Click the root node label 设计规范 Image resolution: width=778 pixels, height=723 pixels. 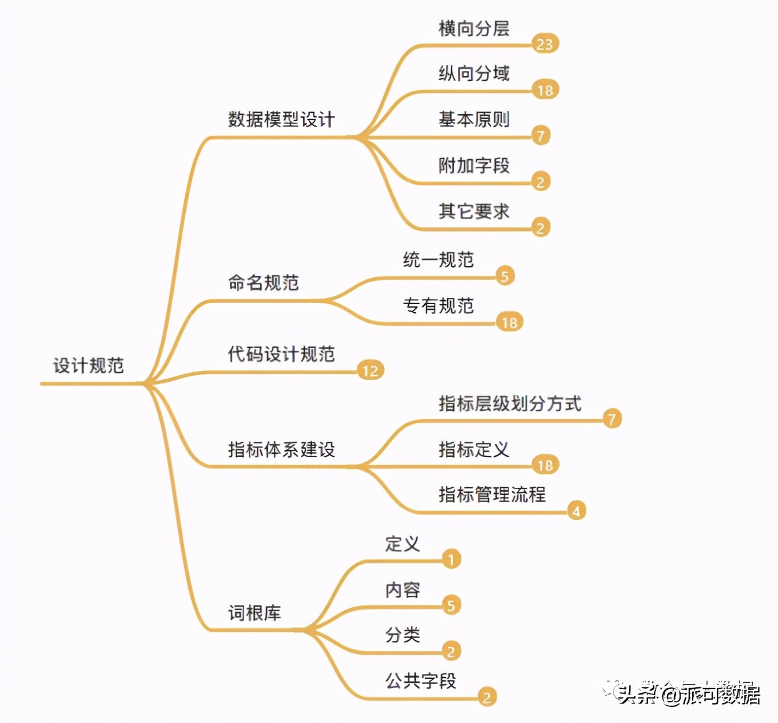pos(88,365)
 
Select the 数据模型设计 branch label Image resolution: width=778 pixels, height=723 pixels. pos(282,119)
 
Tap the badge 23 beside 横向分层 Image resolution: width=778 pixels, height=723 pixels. pos(545,44)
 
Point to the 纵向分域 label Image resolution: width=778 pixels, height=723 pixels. pos(474,74)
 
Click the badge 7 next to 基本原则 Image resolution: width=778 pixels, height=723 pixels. pos(540,136)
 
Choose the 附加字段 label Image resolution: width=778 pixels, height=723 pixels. pos(474,166)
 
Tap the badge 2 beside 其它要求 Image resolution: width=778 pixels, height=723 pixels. pos(540,228)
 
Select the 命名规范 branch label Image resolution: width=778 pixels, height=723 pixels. pos(263,283)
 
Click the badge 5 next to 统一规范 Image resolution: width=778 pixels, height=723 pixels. pos(504,276)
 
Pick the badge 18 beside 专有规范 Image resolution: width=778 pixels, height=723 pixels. pos(509,322)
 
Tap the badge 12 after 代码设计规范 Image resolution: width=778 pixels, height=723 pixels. pos(370,371)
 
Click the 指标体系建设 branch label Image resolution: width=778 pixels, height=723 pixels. pos(282,449)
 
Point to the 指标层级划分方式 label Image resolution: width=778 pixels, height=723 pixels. pos(510,404)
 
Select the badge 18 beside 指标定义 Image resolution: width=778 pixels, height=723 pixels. pos(545,465)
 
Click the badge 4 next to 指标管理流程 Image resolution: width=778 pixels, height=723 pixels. pos(575,511)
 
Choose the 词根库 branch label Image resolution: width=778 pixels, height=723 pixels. pos(254,613)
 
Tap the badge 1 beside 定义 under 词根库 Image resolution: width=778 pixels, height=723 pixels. pos(451,559)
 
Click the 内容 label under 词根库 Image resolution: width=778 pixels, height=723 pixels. pos(403,590)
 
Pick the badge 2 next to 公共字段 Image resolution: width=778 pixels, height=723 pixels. pos(486,697)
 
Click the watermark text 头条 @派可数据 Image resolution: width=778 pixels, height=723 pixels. pos(689,695)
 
